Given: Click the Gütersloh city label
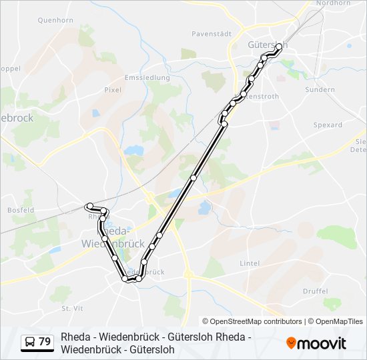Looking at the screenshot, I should point(266,45).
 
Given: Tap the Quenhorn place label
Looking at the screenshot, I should point(55,21).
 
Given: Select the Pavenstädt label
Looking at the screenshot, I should point(211,33).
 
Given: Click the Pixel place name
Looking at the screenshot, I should point(112,89).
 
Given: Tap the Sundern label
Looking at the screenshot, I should point(319,89).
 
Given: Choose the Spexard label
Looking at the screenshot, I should point(327,125).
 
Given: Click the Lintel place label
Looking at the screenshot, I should point(250,263).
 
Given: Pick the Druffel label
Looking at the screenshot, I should point(315,291).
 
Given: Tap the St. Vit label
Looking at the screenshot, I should point(71,308).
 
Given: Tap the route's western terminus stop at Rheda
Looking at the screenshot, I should point(89,206).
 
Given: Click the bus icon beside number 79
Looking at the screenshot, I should point(30,342).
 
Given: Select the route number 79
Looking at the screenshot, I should point(45,342).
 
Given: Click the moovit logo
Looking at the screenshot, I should point(316,343).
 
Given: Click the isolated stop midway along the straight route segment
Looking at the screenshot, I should point(194,177).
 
